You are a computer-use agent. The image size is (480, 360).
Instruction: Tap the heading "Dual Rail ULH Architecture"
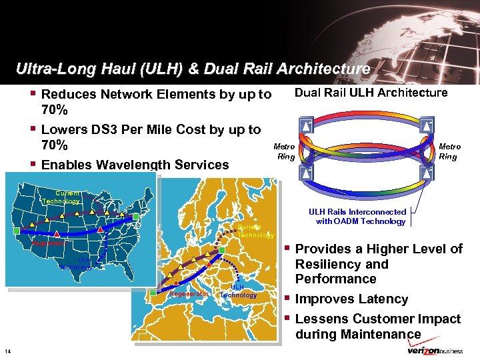pyautogui.click(x=371, y=93)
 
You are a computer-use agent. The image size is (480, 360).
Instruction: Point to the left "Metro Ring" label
pyautogui.click(x=285, y=151)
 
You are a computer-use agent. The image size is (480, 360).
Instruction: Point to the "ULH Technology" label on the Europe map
pyautogui.click(x=238, y=291)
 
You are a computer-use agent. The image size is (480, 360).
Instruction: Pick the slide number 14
pyautogui.click(x=7, y=351)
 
